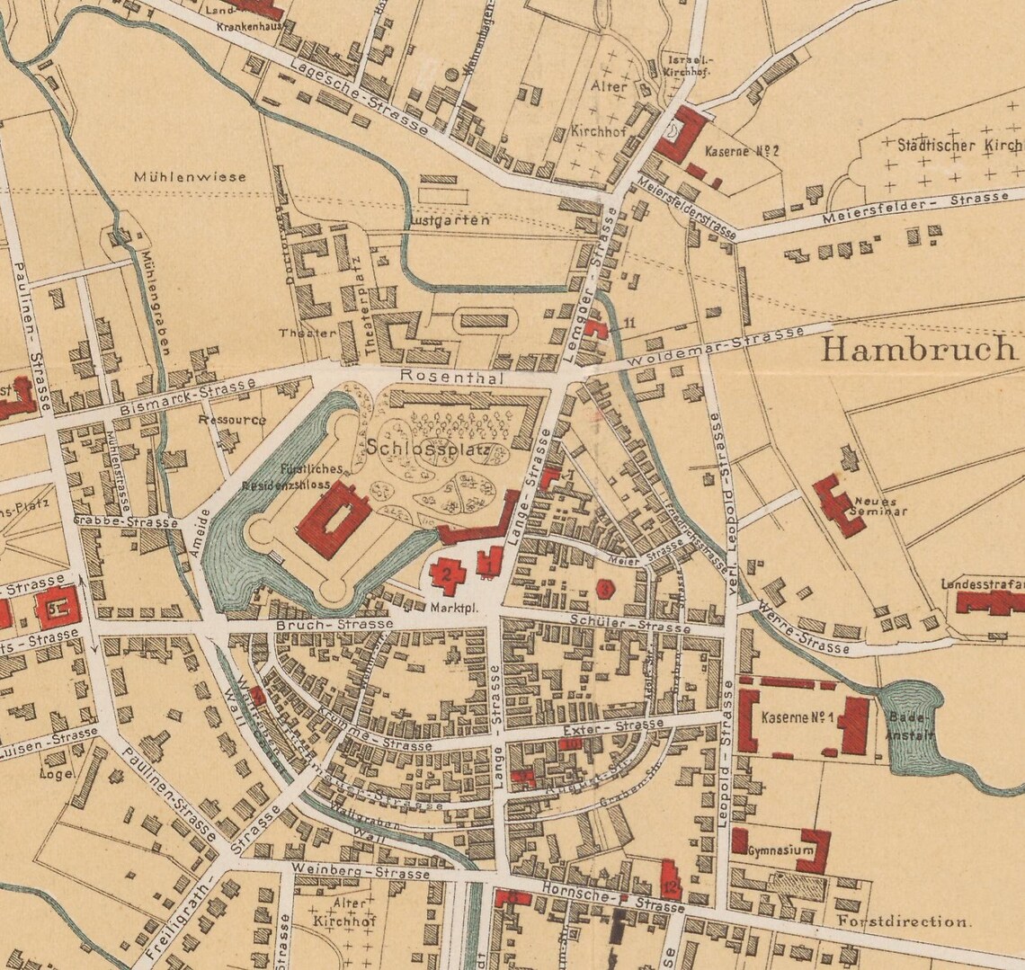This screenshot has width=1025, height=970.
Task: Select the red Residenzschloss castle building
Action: point(332,519)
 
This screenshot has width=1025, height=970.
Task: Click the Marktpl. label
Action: point(457,609)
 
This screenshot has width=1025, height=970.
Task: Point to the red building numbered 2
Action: point(446,575)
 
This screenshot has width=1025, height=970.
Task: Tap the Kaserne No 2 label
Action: point(742,150)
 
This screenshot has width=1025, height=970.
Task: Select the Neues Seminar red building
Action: point(837,506)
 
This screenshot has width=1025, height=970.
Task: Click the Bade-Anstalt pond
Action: point(913,723)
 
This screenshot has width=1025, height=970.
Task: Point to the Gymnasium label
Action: point(780,850)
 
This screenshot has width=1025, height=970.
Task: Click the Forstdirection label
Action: point(904,921)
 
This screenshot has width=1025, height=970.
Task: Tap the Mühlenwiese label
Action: point(189,177)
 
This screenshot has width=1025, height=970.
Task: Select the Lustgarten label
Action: point(450,220)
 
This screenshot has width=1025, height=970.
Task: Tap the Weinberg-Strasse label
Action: point(364,872)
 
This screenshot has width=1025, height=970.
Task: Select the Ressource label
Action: point(232,419)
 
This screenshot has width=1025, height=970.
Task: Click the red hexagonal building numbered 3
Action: point(606,589)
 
